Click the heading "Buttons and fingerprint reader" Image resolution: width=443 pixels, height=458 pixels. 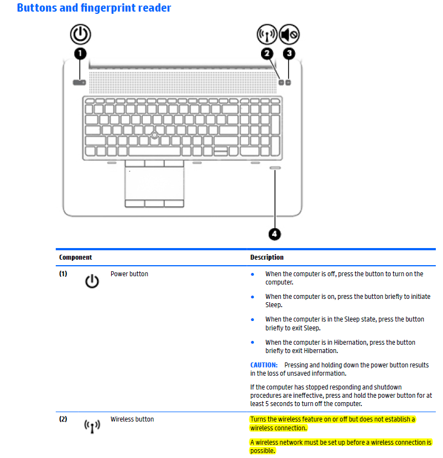94,8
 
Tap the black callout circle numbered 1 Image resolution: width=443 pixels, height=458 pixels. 80,54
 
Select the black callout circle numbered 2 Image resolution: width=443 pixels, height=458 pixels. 267,54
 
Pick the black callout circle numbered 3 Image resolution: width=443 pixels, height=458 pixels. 289,54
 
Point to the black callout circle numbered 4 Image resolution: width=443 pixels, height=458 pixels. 275,234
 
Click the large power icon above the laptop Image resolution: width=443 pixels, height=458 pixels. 80,34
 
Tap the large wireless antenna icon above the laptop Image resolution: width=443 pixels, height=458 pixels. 267,35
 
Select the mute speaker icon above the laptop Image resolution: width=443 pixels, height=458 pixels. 289,35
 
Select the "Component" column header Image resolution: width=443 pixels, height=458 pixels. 76,257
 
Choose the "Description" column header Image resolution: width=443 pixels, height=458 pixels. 267,257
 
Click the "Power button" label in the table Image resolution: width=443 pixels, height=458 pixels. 129,274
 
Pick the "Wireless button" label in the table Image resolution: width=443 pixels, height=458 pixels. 132,419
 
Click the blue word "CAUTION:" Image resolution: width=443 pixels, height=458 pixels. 264,365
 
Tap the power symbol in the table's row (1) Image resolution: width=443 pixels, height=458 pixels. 92,281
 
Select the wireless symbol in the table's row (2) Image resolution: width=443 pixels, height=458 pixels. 92,426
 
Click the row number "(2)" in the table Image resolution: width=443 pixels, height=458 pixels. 64,419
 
